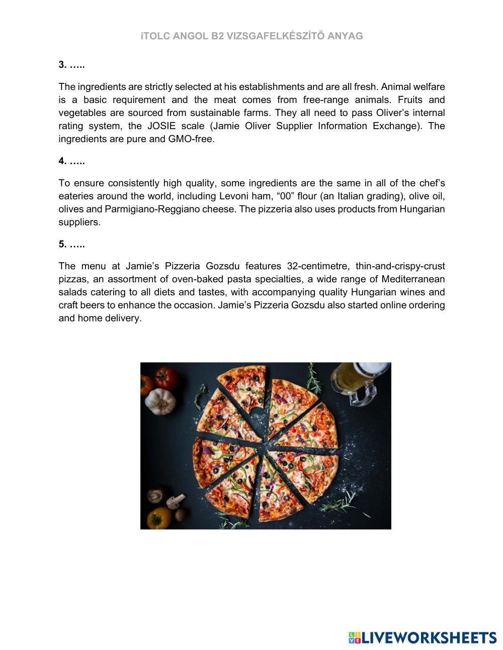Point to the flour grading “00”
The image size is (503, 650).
(285, 196)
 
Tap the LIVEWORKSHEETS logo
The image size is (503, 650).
(423, 637)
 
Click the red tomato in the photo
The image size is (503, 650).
(166, 378)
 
